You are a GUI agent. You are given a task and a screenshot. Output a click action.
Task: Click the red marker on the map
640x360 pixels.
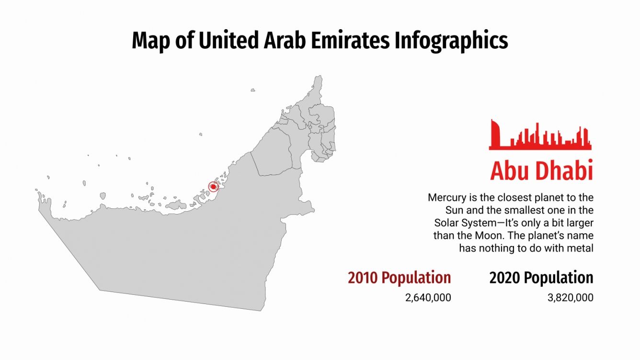coord(214,187)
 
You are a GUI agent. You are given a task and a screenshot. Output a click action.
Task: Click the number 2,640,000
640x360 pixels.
coord(428,298)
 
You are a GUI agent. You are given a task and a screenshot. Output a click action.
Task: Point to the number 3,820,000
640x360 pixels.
coord(570,298)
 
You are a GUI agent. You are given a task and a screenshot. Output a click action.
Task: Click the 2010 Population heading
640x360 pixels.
coord(399,278)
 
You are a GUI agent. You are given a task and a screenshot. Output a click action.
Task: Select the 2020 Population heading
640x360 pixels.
coord(541,278)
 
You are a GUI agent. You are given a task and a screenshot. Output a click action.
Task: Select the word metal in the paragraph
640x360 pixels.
coord(580,248)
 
